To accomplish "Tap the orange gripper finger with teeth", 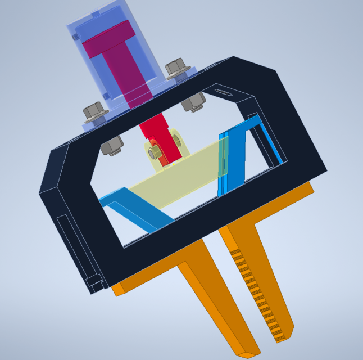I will click(258, 270).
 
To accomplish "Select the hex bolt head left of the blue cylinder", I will click(93, 110).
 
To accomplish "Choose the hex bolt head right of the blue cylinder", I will click(177, 69).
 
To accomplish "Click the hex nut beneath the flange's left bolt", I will click(112, 145).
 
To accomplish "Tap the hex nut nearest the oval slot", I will click(193, 102).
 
